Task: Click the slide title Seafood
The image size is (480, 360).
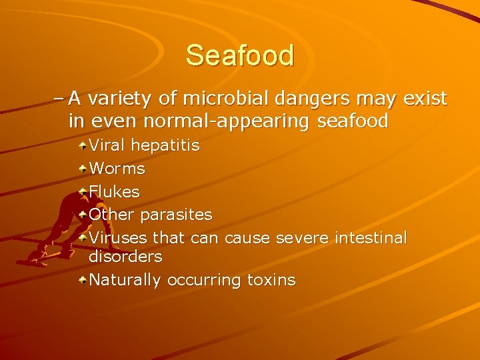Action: pyautogui.click(x=240, y=55)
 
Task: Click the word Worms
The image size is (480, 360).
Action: pyautogui.click(x=117, y=169)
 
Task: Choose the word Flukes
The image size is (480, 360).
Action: pyautogui.click(x=115, y=191)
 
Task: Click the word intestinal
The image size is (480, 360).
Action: pyautogui.click(x=371, y=237)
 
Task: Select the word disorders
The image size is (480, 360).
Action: pyautogui.click(x=125, y=257)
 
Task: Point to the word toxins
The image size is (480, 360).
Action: pyautogui.click(x=271, y=280)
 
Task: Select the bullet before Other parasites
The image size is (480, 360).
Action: pyautogui.click(x=82, y=215)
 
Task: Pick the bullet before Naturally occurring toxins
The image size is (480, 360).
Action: pyautogui.click(x=82, y=280)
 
